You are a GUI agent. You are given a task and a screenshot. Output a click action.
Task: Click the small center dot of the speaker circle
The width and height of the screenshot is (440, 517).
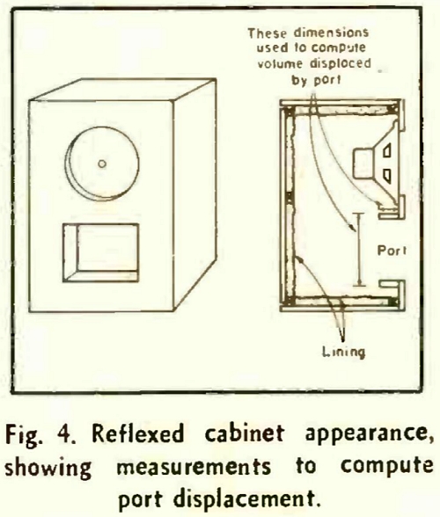pos(102,164)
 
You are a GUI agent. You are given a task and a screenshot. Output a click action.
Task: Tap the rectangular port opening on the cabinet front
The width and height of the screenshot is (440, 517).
pos(100,253)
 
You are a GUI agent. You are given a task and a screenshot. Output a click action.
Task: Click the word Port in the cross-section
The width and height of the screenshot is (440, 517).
pos(392,251)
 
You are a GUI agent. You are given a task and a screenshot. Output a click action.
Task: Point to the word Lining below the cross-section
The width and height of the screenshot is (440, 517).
pos(343,352)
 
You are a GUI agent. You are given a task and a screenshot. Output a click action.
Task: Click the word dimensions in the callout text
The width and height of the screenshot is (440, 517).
pos(331,33)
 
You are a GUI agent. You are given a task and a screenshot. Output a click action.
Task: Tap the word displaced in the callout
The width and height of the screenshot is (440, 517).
pos(341,63)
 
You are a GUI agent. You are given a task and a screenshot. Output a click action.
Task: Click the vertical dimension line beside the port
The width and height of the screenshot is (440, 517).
pos(359,250)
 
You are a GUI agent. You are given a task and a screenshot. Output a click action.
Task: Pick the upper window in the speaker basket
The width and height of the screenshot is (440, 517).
pos(386,151)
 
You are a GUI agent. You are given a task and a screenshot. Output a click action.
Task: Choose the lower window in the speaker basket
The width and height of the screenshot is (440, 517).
pos(386,176)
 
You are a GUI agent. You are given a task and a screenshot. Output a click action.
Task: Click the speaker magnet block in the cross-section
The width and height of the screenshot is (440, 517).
pos(363,164)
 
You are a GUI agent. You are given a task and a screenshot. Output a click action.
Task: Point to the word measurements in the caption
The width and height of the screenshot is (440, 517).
pos(194,467)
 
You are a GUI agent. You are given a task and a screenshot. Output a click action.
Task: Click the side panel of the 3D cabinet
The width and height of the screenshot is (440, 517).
pos(194,194)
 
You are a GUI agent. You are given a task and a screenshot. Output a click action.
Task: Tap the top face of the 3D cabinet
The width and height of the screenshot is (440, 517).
pos(123,89)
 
